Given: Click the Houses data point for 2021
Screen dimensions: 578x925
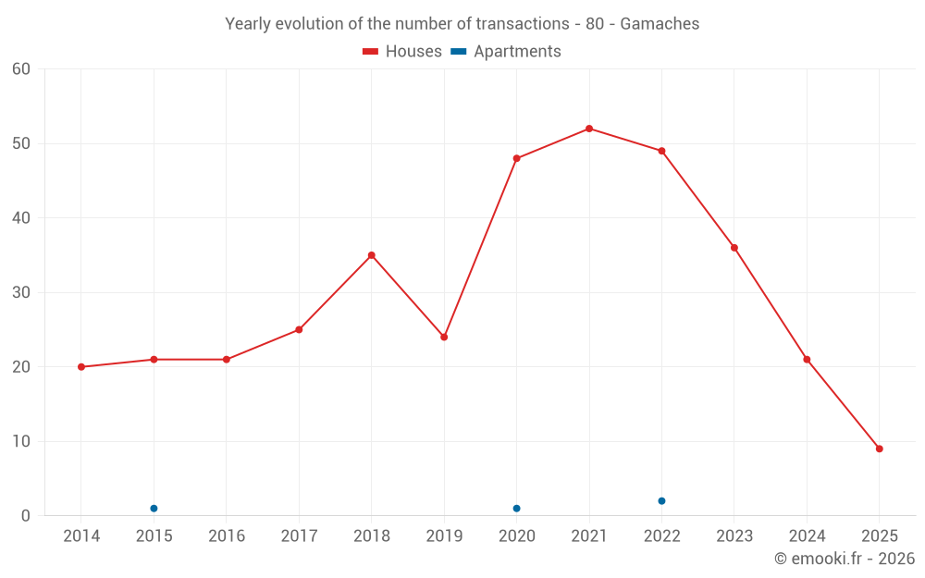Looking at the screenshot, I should point(589,129).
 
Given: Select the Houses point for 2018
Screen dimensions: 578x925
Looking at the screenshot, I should point(372,255).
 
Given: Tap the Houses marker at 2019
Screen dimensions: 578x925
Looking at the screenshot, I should point(444,337).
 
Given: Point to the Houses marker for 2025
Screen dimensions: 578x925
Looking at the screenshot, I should point(880,449).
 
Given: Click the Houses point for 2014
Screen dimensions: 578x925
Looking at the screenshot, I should point(81,367).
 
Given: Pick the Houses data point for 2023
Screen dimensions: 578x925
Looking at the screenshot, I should point(734,248).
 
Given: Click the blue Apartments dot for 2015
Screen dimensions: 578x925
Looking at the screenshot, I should point(154,509).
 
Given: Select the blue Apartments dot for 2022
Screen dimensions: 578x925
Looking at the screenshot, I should point(661,501).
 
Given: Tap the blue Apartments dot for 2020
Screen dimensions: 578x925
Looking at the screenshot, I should point(516,509).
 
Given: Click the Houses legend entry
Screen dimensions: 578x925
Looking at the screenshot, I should point(402,52).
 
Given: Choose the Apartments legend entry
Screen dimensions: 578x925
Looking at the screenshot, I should point(506,52).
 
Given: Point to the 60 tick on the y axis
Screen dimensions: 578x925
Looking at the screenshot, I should point(21,69).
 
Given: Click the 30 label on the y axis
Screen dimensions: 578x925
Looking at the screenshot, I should point(21,293).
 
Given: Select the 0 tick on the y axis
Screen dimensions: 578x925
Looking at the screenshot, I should point(26,516).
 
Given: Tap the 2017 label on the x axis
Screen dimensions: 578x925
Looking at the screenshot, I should point(299,536).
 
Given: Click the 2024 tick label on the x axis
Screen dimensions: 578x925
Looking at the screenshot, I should point(807,536).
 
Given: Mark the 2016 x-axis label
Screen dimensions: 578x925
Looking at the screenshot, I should point(227,536).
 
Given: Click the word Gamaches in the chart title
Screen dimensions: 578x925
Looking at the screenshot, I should point(660,23).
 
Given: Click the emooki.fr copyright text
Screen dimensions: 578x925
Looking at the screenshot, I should point(845,559).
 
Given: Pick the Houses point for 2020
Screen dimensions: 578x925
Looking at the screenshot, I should point(516,158).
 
